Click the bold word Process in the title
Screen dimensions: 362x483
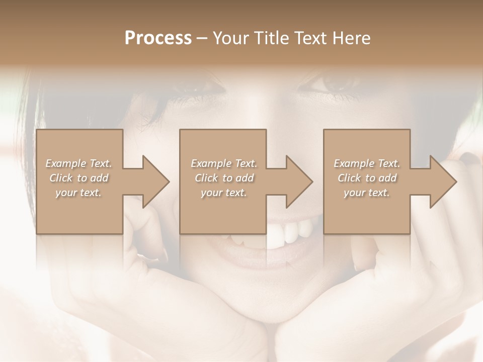158,38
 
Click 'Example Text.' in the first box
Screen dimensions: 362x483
78,163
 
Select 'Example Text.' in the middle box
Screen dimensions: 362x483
224,163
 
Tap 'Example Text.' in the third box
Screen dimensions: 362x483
367,163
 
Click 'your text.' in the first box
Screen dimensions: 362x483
78,193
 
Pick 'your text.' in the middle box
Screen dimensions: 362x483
224,193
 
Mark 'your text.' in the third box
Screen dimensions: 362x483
367,193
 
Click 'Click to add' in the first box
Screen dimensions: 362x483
78,178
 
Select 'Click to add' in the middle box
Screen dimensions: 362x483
224,178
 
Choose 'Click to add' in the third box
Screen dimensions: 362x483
367,178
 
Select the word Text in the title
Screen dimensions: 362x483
309,38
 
